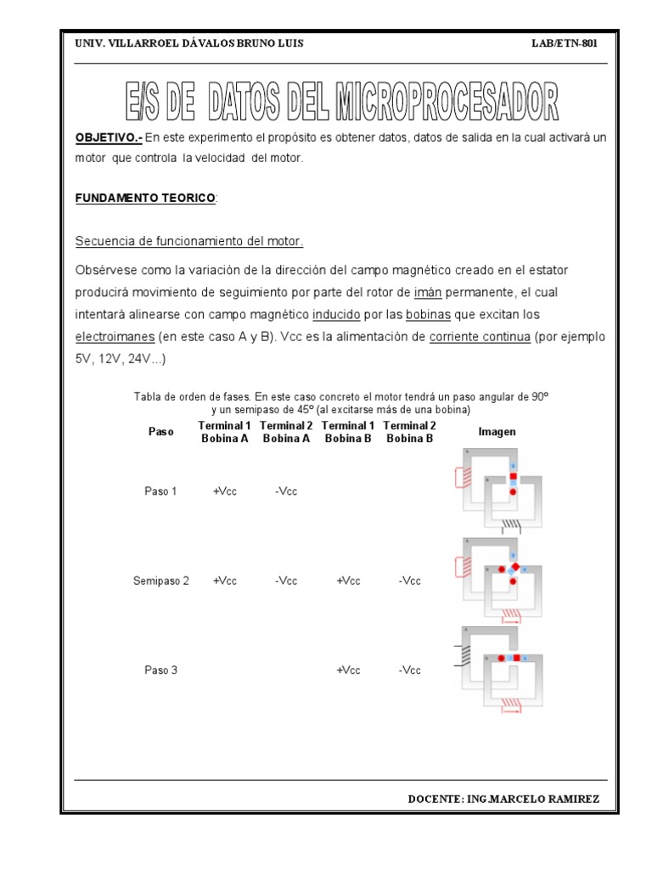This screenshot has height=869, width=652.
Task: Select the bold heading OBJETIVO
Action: [x=108, y=137]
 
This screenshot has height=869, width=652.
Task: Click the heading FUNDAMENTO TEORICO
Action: [x=145, y=198]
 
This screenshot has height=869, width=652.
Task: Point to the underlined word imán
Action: [x=428, y=292]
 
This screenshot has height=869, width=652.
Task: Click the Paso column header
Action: [x=160, y=432]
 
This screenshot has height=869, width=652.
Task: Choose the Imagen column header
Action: [x=497, y=432]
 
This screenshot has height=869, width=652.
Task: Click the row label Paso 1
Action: [x=160, y=491]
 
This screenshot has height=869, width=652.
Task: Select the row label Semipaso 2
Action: [x=160, y=581]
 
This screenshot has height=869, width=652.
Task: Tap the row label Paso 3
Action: [x=160, y=670]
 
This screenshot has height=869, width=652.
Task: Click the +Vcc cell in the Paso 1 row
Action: [x=225, y=491]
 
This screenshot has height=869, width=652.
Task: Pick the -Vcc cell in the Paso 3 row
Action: [x=410, y=670]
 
